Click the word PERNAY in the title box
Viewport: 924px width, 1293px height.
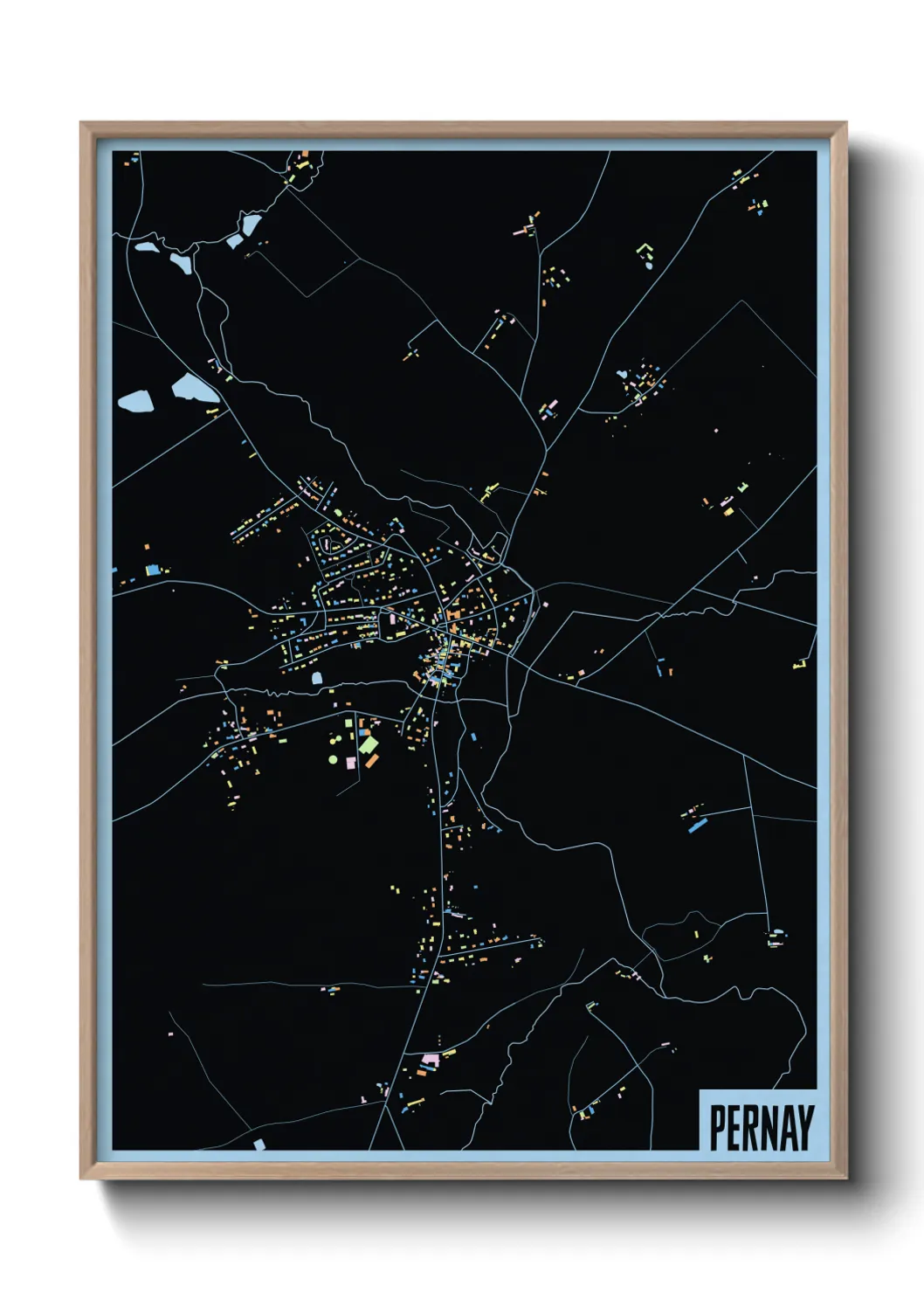[x=762, y=1128]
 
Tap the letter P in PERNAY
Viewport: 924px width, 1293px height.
[x=717, y=1128]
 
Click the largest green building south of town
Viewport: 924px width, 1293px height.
[x=368, y=744]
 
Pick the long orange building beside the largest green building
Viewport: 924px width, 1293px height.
[x=372, y=761]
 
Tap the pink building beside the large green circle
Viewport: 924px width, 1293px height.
[x=351, y=763]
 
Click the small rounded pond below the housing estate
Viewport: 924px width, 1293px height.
[x=316, y=677]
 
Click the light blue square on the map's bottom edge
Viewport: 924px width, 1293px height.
[x=259, y=1144]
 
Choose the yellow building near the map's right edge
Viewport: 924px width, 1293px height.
[x=799, y=664]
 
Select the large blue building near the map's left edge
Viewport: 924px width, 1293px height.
[x=153, y=570]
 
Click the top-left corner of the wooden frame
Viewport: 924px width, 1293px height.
[x=82, y=124]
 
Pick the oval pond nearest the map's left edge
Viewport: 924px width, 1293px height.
[x=135, y=402]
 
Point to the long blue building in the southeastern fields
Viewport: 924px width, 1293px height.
[x=696, y=826]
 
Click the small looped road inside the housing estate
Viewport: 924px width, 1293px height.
[x=329, y=544]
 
